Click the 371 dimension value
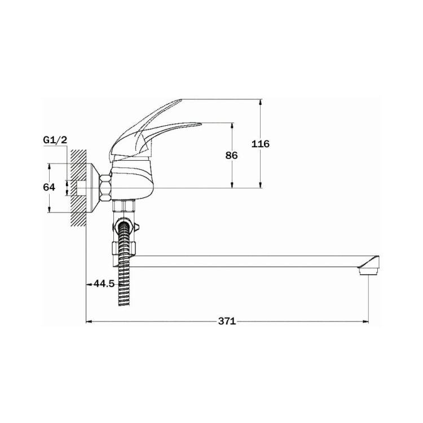click(x=227, y=321)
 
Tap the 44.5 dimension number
click(x=104, y=284)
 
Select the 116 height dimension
click(x=261, y=144)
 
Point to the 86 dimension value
click(x=231, y=156)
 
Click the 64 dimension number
click(x=49, y=187)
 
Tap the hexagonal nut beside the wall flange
click(x=105, y=188)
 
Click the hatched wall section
click(x=78, y=188)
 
